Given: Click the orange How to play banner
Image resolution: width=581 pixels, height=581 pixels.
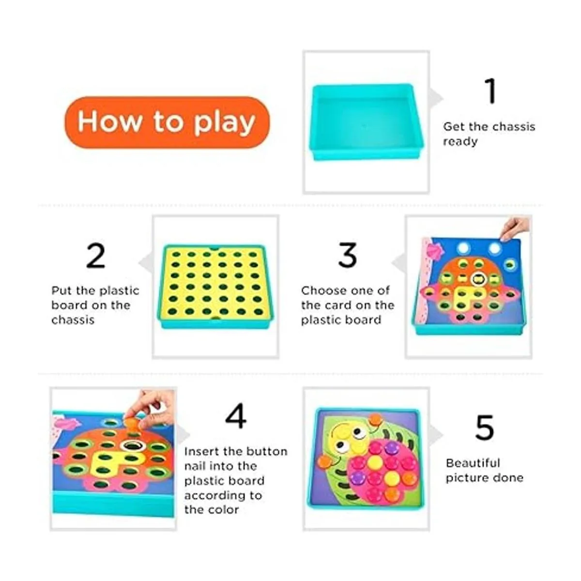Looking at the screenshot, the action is coord(168,122).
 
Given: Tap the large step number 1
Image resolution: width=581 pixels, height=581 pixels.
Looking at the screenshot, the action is coord(490,91).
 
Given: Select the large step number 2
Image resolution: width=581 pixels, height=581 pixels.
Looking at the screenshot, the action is coord(95,255).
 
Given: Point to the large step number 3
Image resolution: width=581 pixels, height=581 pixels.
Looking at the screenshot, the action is coord(348,255).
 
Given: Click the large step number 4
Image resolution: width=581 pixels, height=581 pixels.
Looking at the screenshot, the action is coord(236,416).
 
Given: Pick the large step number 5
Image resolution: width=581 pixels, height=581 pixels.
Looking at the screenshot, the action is coord(484,427).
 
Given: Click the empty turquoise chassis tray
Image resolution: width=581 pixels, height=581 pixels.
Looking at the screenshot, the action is coord(366,122).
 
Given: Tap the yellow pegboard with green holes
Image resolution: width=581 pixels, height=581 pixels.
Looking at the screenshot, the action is coord(215,286).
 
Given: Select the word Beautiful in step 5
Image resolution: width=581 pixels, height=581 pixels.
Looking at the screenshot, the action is coord(473,463).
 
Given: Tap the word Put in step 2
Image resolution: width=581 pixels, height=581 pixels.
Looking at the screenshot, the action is coord(61,290).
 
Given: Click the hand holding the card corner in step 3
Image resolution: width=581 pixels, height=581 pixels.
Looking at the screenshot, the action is coord(514,228).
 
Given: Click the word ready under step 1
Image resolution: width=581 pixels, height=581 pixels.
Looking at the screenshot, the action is coord(460,142).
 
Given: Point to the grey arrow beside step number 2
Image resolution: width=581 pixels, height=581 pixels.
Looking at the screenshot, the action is coord(146,262).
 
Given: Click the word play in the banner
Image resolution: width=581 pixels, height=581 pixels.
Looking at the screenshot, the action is coord(225,123).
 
